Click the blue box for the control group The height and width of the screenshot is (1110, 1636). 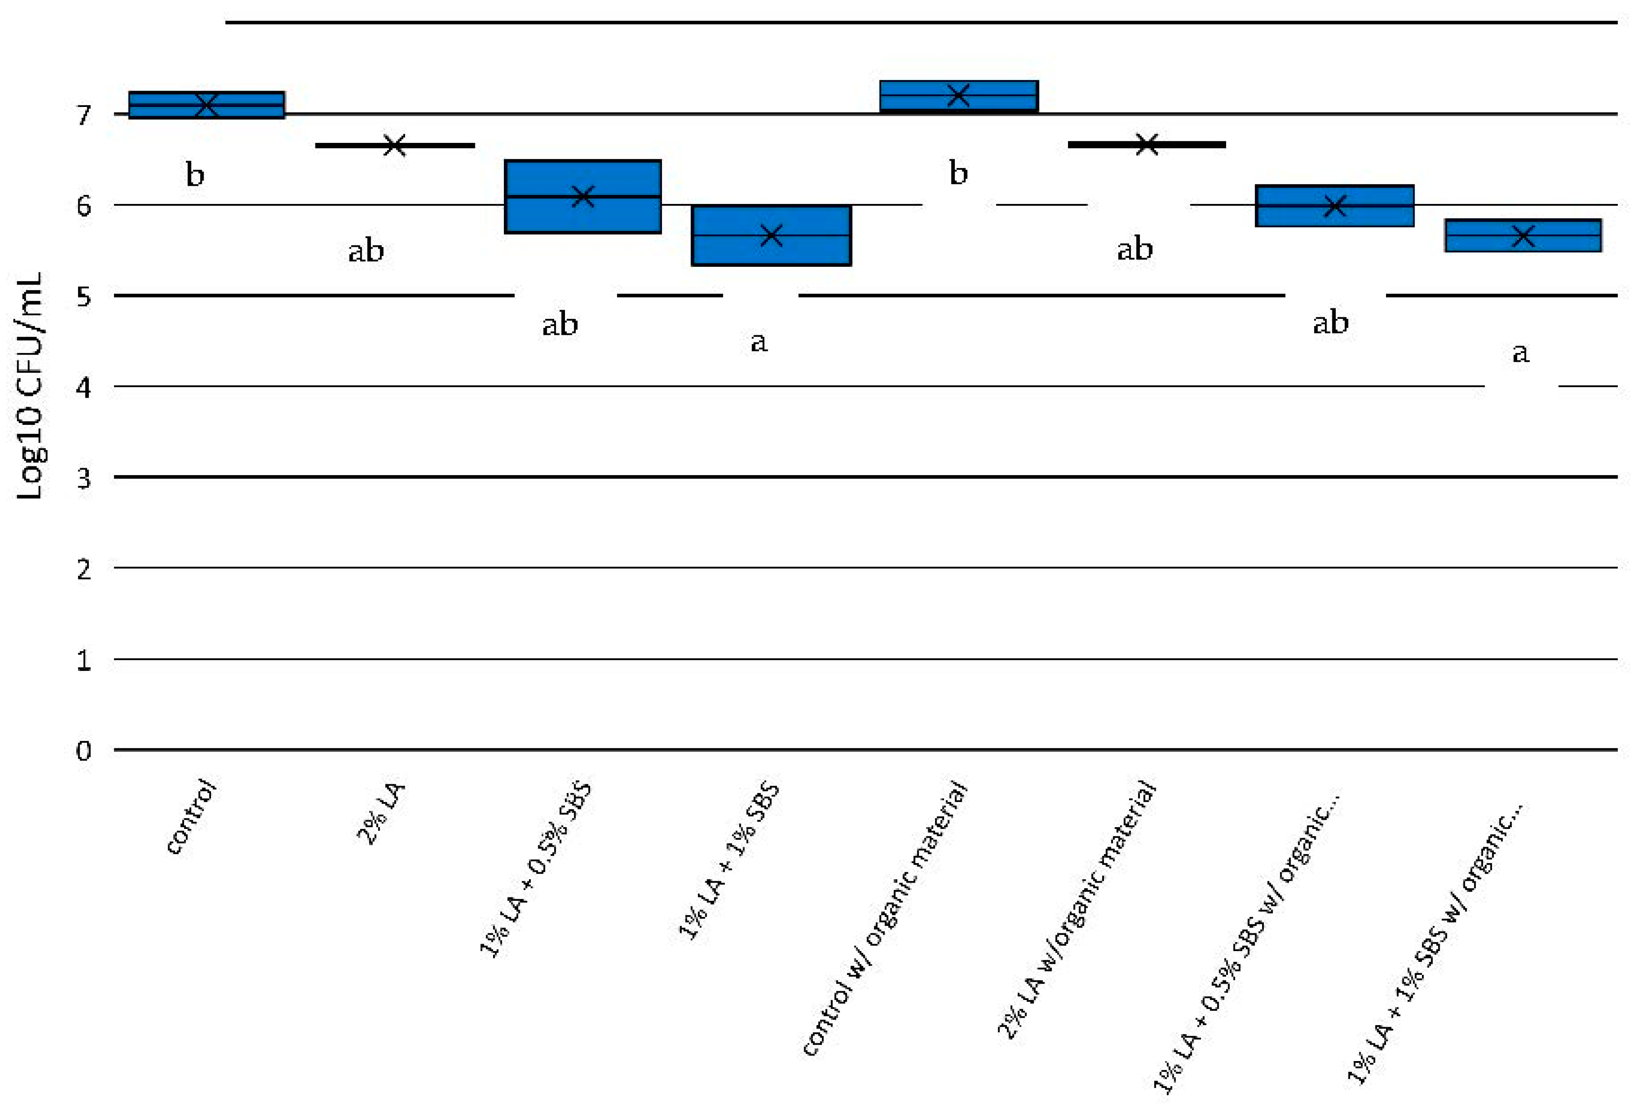pyautogui.click(x=206, y=105)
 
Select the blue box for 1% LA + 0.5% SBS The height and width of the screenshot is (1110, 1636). pyautogui.click(x=583, y=196)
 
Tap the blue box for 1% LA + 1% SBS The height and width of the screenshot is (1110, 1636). pyautogui.click(x=772, y=235)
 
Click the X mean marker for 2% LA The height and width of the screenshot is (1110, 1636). pyautogui.click(x=395, y=146)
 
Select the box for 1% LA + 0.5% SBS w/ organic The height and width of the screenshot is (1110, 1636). pyautogui.click(x=1335, y=206)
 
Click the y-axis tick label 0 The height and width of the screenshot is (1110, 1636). pyautogui.click(x=84, y=751)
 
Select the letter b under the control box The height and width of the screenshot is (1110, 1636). pyautogui.click(x=195, y=174)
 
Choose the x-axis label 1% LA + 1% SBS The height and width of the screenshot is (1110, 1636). pyautogui.click(x=729, y=860)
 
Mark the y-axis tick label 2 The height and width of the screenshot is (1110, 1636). pyautogui.click(x=84, y=569)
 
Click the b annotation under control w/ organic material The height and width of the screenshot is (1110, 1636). pyautogui.click(x=958, y=172)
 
